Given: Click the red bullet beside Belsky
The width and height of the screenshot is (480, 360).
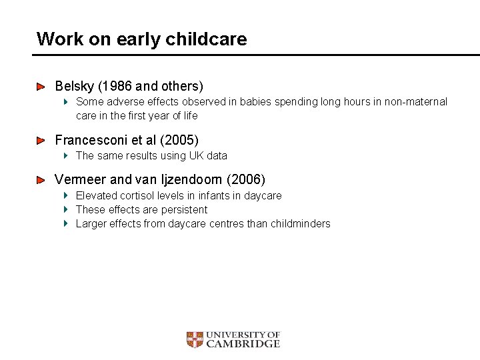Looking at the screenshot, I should tap(41, 87).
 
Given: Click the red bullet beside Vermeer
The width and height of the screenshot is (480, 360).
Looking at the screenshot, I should tap(41, 180).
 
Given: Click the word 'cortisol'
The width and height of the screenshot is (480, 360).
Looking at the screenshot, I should tap(139, 195).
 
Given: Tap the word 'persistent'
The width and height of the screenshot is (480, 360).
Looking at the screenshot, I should tap(184, 209).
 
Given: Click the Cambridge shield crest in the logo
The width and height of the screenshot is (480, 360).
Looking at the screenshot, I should tap(194, 340).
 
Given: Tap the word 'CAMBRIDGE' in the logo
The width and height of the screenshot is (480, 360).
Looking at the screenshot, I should tap(243, 344).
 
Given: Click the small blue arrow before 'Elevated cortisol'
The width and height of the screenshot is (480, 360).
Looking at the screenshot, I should tap(66, 195).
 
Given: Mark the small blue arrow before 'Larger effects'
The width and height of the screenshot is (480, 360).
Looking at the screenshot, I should tap(66, 223).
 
